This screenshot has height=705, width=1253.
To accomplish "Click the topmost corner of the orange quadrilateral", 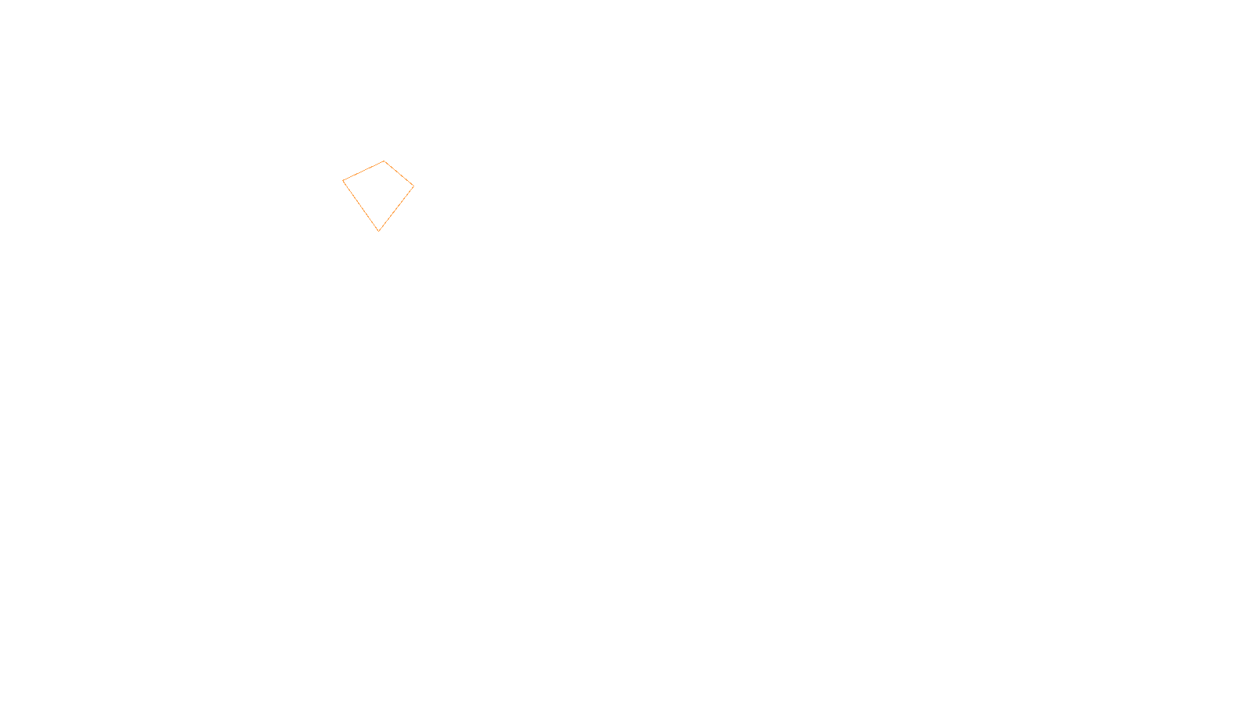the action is (x=384, y=161).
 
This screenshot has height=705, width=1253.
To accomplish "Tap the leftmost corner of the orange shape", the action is (x=343, y=181).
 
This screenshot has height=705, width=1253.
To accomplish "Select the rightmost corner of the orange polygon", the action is (x=413, y=186).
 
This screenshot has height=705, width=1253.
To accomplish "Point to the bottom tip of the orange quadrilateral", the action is (x=379, y=231).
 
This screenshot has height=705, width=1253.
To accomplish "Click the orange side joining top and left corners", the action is (x=363, y=171).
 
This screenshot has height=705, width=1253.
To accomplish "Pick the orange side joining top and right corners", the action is (x=399, y=173).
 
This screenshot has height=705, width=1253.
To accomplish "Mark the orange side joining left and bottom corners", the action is (x=361, y=206).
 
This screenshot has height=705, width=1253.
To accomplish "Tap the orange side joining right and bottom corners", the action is (x=396, y=208).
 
